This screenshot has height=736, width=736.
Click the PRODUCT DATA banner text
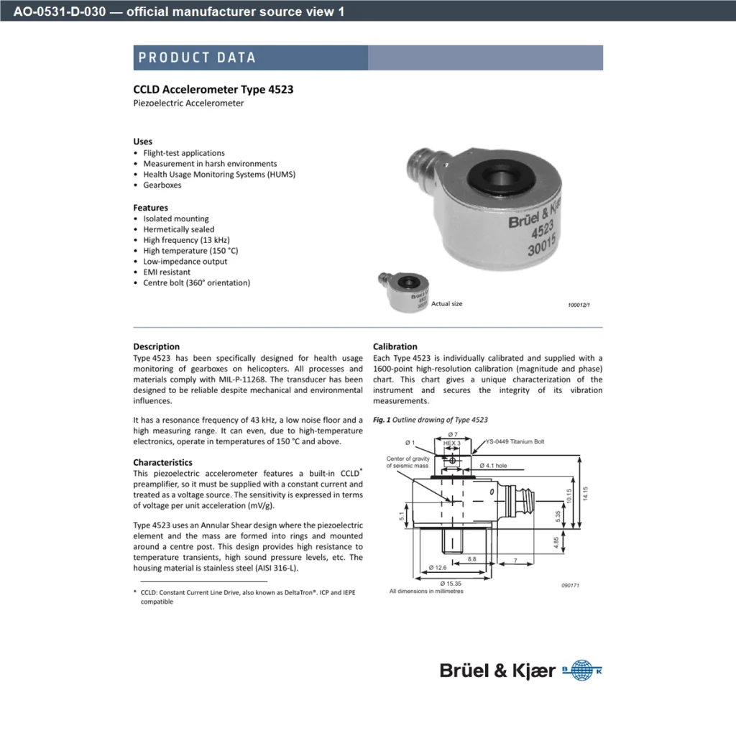(x=197, y=57)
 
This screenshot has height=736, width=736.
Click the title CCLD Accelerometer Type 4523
(x=213, y=89)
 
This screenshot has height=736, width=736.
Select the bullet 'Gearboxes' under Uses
(x=162, y=185)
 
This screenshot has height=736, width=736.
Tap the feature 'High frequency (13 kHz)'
(x=186, y=240)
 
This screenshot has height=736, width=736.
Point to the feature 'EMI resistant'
(x=167, y=272)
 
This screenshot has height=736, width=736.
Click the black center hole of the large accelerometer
(x=500, y=178)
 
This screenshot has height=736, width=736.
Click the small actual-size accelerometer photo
(x=404, y=291)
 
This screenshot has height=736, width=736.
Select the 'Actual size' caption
(x=447, y=304)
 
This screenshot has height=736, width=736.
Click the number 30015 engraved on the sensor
(x=542, y=245)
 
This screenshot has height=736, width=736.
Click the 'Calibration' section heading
(x=395, y=346)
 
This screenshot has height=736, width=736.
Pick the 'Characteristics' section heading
(x=162, y=462)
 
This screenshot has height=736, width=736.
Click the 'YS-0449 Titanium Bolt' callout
(x=515, y=442)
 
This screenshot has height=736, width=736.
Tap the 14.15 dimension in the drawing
(x=585, y=493)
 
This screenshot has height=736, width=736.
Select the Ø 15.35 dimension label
(x=451, y=584)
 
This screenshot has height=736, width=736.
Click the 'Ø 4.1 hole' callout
(x=493, y=466)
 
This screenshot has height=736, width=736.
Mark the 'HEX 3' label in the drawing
(x=451, y=443)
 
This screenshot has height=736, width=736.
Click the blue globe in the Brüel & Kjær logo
(x=582, y=671)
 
